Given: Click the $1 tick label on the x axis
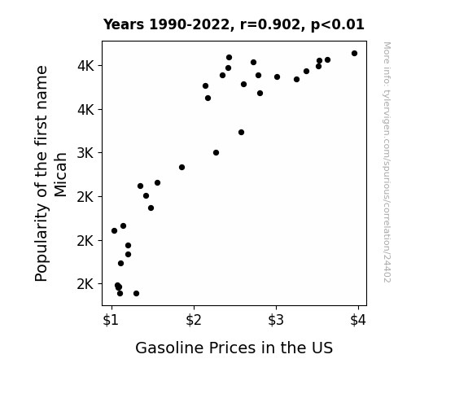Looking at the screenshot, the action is click(111, 321).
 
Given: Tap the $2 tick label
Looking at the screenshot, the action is click(194, 321).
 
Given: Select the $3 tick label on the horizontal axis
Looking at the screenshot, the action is click(275, 321).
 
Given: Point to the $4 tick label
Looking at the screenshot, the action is click(358, 321).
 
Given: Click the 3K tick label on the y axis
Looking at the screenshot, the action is click(85, 153).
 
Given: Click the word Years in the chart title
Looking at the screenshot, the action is click(124, 24).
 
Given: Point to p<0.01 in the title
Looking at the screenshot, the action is click(338, 25).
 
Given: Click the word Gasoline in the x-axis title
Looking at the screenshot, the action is click(170, 348).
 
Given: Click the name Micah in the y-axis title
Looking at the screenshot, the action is click(60, 175).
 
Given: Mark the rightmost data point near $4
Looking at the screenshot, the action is click(354, 54).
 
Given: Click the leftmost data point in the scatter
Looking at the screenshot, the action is click(114, 231).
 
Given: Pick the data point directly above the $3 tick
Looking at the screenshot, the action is click(277, 77).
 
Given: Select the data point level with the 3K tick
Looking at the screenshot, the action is click(216, 153).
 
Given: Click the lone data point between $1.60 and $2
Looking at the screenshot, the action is click(182, 167).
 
